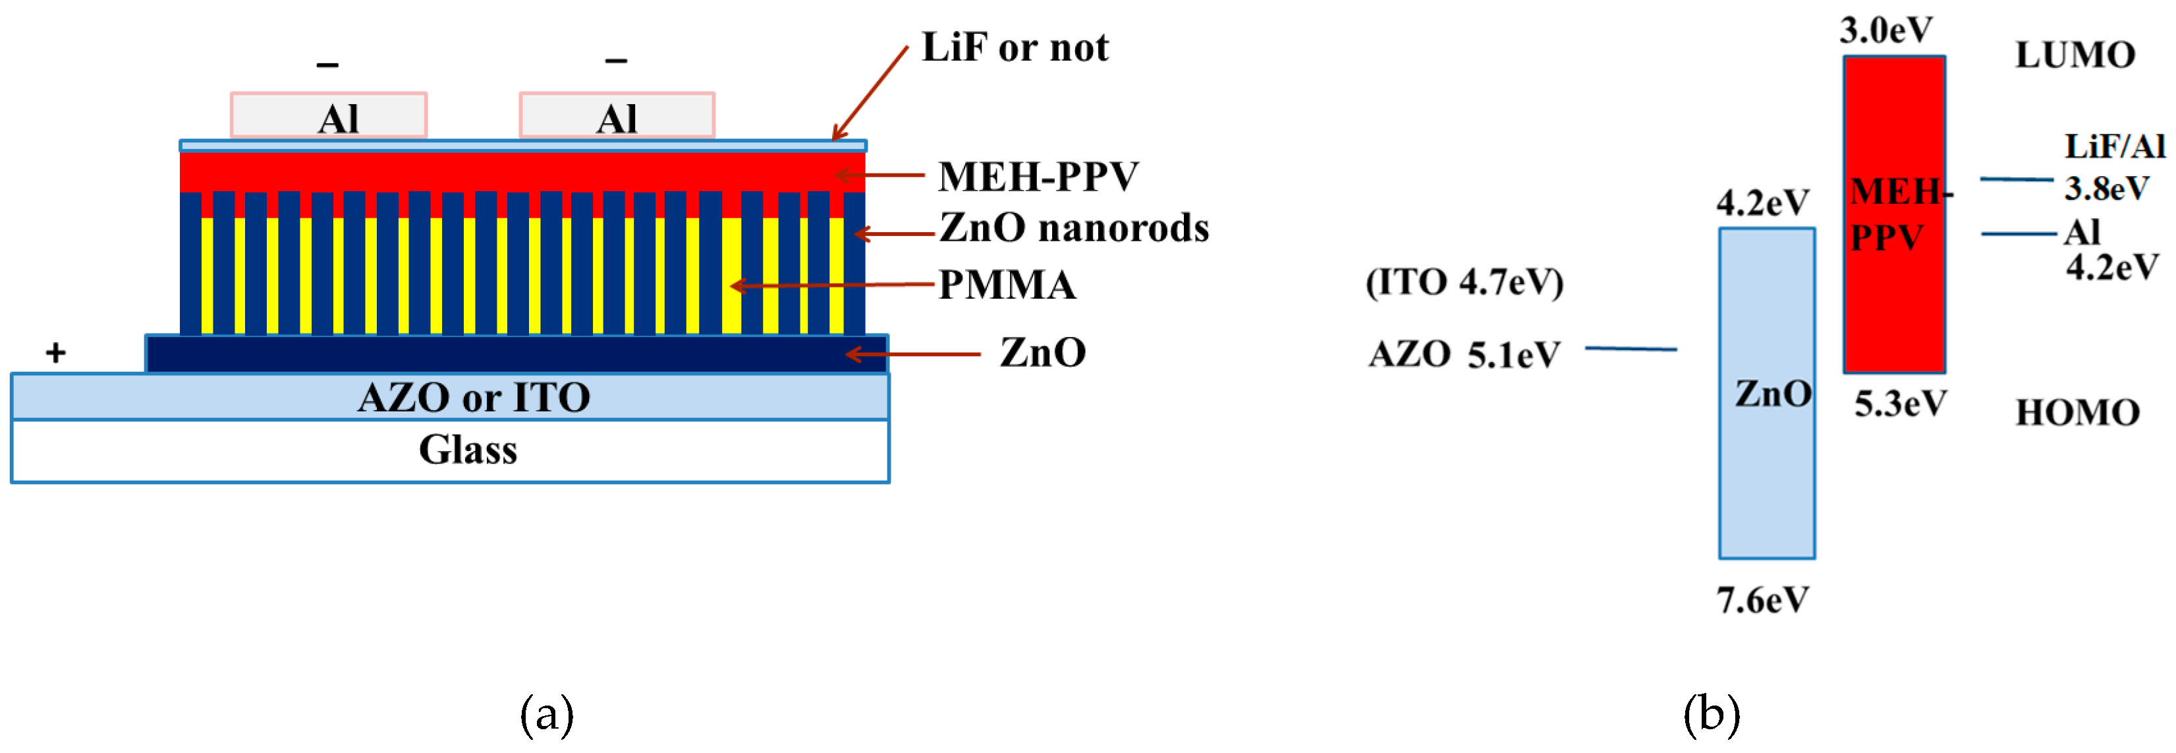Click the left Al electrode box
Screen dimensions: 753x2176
pyautogui.click(x=329, y=115)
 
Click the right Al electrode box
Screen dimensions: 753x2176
pyautogui.click(x=617, y=115)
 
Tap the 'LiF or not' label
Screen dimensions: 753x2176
pyautogui.click(x=1015, y=47)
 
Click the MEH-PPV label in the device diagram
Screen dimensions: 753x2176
pyautogui.click(x=1038, y=177)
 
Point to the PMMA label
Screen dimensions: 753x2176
pyautogui.click(x=1007, y=285)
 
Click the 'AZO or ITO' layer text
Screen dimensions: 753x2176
pyautogui.click(x=473, y=397)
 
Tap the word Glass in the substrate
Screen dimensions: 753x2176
pyautogui.click(x=468, y=450)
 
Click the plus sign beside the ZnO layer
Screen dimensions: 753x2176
pyautogui.click(x=56, y=352)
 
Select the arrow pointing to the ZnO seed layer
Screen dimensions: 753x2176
pyautogui.click(x=912, y=354)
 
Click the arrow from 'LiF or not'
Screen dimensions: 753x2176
pyautogui.click(x=870, y=93)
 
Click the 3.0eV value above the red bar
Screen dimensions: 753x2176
pyautogui.click(x=1885, y=31)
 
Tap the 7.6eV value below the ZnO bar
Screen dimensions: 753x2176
pyautogui.click(x=1762, y=601)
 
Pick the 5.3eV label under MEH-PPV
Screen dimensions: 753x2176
pyautogui.click(x=1900, y=405)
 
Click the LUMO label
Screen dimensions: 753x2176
pyautogui.click(x=2075, y=56)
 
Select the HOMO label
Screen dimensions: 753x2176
pyautogui.click(x=2077, y=413)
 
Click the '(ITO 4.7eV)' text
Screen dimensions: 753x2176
pyautogui.click(x=1464, y=282)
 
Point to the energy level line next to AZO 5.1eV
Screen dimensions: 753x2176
pyautogui.click(x=1631, y=348)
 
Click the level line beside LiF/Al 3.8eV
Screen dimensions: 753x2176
pyautogui.click(x=2017, y=179)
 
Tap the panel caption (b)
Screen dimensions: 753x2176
pyautogui.click(x=1712, y=714)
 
